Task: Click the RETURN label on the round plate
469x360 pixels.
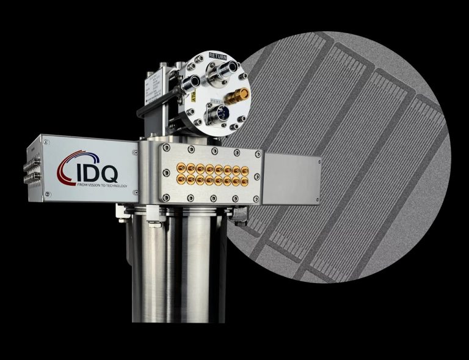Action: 217,56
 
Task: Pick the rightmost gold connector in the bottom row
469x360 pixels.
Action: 244,180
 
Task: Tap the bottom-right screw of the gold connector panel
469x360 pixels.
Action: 257,197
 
